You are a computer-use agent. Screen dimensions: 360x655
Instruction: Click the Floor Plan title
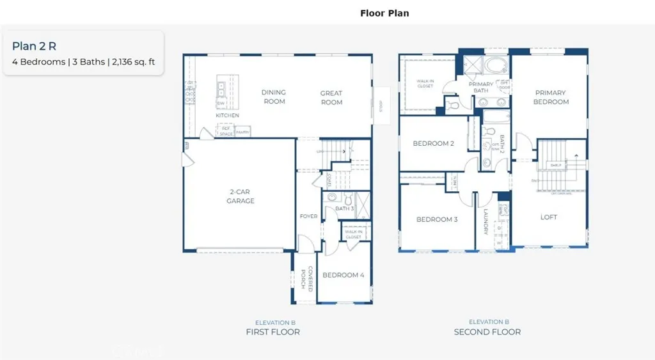pos(384,13)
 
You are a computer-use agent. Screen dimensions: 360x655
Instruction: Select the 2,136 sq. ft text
pos(133,63)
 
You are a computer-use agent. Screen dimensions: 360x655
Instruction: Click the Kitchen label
pos(227,116)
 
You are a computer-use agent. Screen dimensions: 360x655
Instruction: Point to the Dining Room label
pos(274,97)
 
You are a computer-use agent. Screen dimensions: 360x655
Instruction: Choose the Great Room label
pos(331,98)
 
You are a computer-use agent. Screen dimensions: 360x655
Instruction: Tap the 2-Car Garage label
pos(241,196)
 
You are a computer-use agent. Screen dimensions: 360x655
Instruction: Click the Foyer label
pos(308,217)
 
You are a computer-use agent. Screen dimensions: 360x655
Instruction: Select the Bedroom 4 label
pos(343,275)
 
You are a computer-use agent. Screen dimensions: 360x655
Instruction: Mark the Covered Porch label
pos(306,278)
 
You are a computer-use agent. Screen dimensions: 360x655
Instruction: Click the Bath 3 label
pos(345,208)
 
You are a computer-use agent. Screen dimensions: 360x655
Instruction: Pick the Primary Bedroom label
pos(551,97)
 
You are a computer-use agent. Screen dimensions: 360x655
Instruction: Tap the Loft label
pos(549,217)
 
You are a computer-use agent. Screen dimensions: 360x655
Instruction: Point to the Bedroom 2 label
pos(434,144)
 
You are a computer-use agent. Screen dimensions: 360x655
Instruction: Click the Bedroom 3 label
pos(437,220)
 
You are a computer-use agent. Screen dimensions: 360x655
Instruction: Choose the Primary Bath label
pos(481,88)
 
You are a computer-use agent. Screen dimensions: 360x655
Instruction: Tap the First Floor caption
pos(273,332)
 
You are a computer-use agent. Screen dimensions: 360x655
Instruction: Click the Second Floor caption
pos(487,332)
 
